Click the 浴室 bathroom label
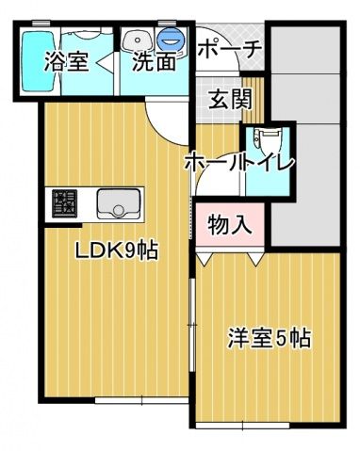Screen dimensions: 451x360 coord(66,62)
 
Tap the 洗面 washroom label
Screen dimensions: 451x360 coord(153,62)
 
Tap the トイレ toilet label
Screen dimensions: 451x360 coord(270,162)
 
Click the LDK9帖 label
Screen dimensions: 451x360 coord(116,251)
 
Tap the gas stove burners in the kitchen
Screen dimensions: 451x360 coord(65,202)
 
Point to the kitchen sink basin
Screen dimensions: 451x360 coord(119,202)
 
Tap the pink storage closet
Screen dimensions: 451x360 coord(229,226)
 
